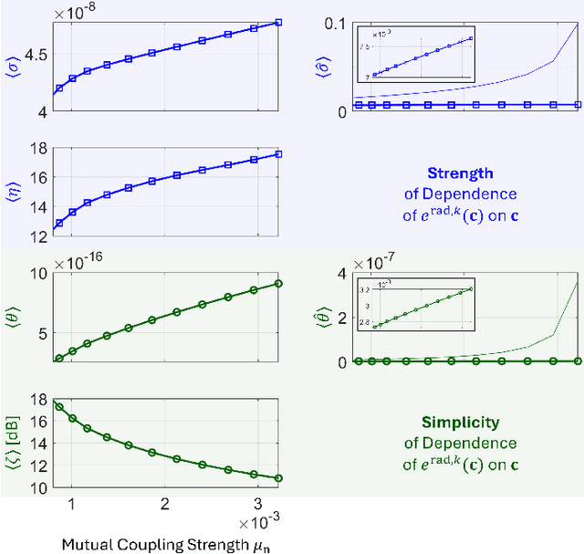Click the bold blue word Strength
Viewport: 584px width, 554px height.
[x=460, y=172]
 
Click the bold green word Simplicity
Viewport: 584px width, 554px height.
[x=460, y=423]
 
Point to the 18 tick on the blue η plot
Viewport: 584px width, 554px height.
[x=37, y=148]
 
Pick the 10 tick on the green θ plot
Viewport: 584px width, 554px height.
[x=37, y=273]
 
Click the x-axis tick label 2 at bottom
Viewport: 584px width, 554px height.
[x=164, y=505]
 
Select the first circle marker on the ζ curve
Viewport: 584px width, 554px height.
[x=60, y=407]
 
